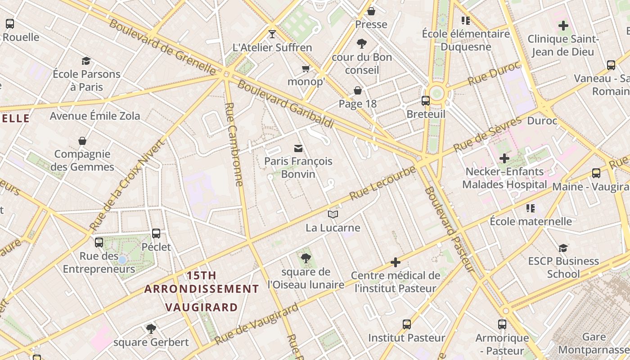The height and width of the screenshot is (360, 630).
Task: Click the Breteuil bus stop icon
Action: click(x=426, y=101)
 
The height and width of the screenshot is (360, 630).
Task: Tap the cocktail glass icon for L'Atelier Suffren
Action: click(x=272, y=34)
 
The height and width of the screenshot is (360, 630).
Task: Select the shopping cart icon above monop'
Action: click(x=306, y=68)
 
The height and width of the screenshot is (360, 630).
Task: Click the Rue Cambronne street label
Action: click(x=234, y=144)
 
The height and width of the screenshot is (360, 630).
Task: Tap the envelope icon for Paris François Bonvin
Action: click(x=298, y=148)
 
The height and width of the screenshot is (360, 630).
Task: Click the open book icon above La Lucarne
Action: click(x=333, y=215)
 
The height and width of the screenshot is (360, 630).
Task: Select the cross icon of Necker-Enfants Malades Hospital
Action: click(x=504, y=158)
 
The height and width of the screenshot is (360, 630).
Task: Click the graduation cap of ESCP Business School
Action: click(x=563, y=248)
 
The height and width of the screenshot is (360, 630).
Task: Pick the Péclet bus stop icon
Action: click(x=156, y=234)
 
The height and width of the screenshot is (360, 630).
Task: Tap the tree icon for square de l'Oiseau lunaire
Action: click(x=306, y=258)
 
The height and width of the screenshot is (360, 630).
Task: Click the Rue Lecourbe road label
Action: click(x=382, y=183)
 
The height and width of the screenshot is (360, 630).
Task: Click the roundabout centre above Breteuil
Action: click(x=436, y=94)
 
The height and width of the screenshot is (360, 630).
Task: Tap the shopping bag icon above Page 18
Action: click(x=358, y=91)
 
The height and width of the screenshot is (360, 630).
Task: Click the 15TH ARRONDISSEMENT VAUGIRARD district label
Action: click(x=201, y=291)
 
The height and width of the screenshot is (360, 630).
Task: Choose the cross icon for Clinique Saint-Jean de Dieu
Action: click(x=563, y=26)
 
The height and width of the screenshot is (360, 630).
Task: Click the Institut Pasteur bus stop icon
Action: click(x=407, y=324)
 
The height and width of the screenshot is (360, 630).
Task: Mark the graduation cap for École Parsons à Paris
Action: click(x=86, y=61)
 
